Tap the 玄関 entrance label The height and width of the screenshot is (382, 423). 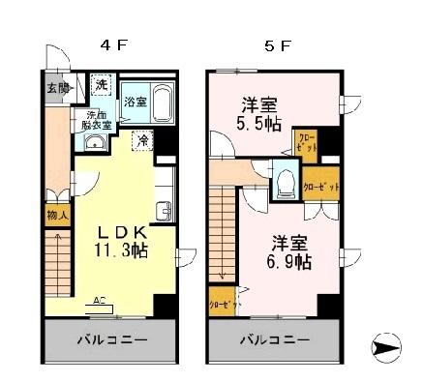click(x=57, y=88)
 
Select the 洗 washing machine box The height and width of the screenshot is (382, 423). click(x=102, y=85)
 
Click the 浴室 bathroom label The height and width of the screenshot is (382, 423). click(x=135, y=102)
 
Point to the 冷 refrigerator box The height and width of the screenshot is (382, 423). click(x=141, y=141)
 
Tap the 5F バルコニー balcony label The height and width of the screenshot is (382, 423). click(x=275, y=341)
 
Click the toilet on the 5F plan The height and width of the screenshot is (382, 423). click(x=285, y=181)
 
